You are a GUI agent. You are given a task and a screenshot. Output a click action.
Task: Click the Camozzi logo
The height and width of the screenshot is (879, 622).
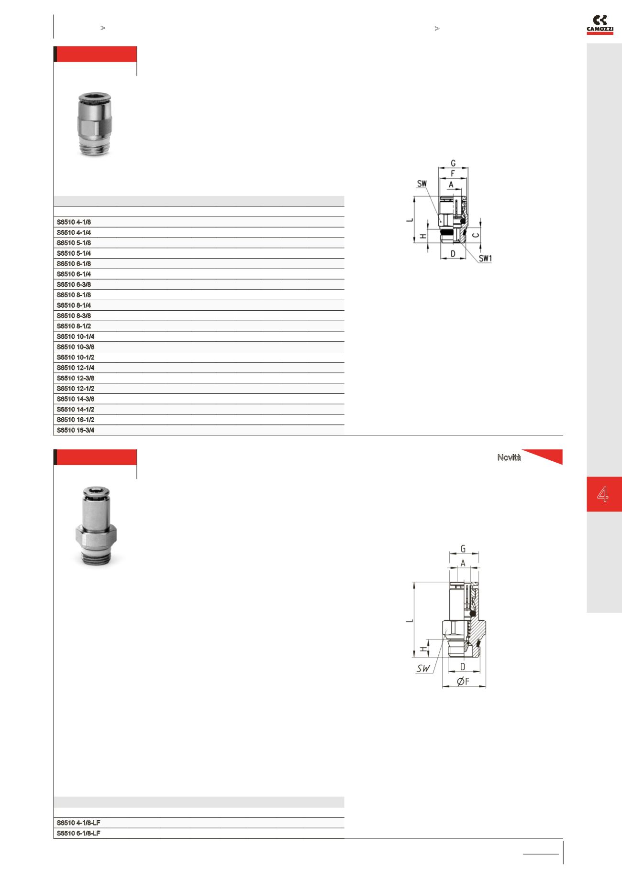pos(600,25)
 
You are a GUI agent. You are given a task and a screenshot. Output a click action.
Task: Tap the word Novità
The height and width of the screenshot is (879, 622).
pos(509,457)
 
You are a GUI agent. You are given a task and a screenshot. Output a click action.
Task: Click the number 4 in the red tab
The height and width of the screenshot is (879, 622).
pos(603,494)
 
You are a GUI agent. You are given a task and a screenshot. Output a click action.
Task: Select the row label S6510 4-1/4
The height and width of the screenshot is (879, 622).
pos(74,232)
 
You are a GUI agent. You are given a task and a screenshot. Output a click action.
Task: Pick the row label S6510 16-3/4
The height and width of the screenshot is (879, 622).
pos(76,430)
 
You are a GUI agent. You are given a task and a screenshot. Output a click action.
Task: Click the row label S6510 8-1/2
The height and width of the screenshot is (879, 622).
pos(74,326)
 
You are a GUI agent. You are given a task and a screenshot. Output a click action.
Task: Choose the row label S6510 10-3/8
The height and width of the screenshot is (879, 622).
pos(76,347)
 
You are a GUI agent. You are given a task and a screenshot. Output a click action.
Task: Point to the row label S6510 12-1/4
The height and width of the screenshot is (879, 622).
pos(76,368)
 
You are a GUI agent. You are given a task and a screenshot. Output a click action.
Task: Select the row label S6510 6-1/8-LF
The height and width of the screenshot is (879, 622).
pos(78,833)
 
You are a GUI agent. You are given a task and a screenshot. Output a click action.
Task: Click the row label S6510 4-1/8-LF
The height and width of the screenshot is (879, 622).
pos(78,823)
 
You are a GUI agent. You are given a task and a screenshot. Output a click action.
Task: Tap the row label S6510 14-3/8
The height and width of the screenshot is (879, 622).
pos(76,399)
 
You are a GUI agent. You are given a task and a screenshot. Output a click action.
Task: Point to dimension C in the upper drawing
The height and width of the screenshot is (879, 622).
pos(475,235)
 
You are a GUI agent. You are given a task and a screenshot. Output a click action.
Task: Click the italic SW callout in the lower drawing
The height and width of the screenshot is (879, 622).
pos(423,669)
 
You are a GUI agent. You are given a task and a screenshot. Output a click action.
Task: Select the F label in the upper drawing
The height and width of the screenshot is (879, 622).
pos(453,174)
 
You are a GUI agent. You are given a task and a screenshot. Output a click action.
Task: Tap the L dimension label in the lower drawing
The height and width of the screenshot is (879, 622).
pos(409,621)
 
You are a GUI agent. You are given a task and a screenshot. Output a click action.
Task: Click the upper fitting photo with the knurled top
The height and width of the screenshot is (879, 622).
pos(95,125)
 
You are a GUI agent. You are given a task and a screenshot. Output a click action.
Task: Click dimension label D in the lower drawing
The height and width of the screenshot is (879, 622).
pos(463,666)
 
